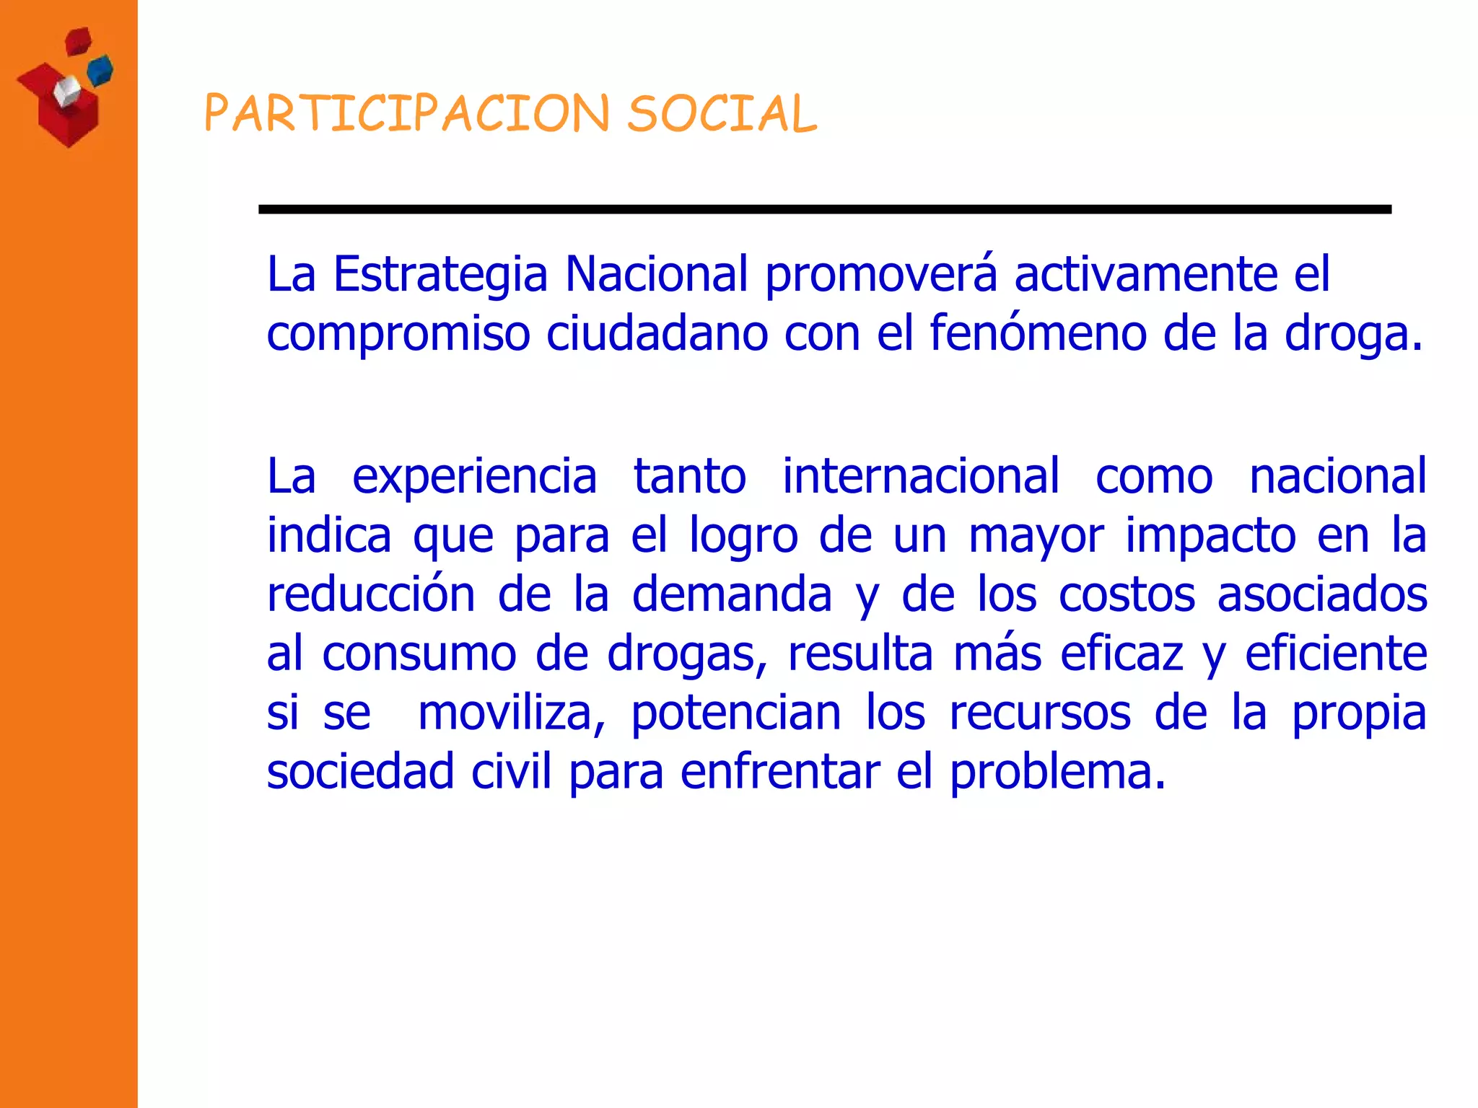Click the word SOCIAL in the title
tap(722, 114)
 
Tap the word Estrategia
tap(440, 275)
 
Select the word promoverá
tap(880, 275)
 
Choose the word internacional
tap(921, 476)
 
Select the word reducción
tap(371, 594)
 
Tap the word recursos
tap(1039, 713)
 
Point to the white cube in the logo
tap(66, 92)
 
